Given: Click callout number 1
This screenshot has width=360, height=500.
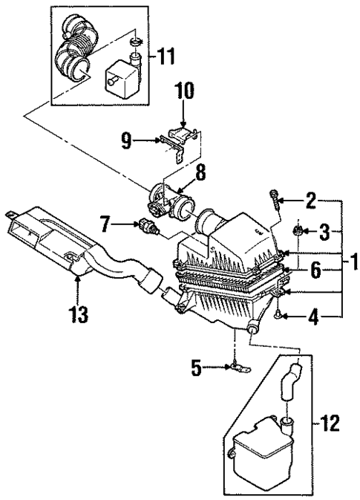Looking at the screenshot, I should coord(354,262).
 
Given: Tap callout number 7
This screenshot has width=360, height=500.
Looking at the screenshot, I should coord(106,222).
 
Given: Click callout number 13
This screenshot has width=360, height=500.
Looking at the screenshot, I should coord(77,314).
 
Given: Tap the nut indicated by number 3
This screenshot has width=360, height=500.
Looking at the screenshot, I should coord(295,232).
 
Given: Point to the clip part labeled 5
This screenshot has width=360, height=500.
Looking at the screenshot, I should coord(237,366).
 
